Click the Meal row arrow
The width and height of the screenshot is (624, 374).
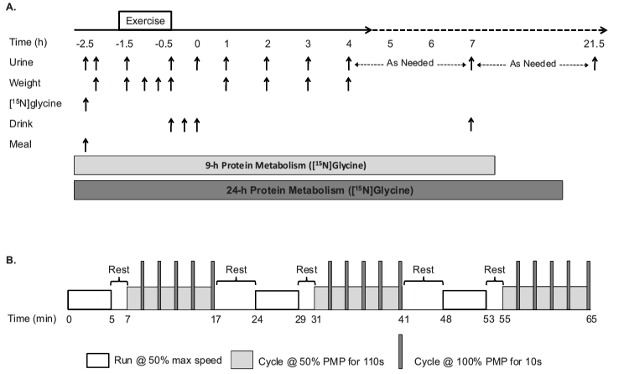click(86, 144)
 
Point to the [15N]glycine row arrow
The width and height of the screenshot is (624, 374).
click(86, 103)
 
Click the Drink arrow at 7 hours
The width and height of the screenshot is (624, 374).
click(471, 124)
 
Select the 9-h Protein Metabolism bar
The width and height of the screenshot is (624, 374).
click(284, 164)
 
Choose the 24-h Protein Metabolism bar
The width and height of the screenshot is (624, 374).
click(318, 190)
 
